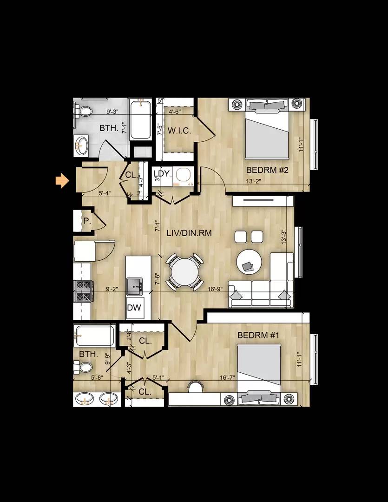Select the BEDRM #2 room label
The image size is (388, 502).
coord(267,170)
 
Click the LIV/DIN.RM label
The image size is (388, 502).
coord(189,233)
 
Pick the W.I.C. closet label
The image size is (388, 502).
coord(179,131)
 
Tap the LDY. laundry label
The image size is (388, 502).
coord(163,174)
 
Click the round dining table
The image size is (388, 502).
coord(184,271)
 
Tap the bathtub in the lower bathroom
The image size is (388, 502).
coord(94,335)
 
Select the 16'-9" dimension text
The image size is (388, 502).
coord(215,289)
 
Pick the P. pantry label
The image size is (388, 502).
coord(86,221)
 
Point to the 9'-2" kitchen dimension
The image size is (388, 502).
coord(112,289)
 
